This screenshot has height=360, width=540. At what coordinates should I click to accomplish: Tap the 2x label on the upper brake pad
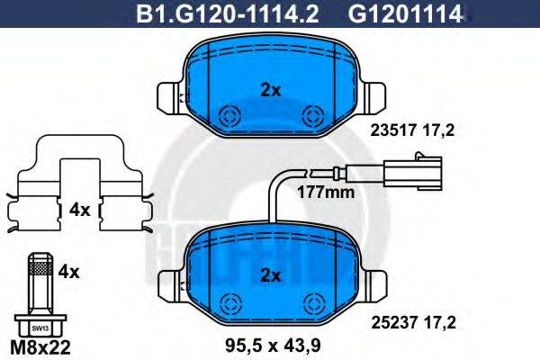coord(271,89)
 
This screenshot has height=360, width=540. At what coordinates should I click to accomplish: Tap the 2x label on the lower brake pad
coord(271,274)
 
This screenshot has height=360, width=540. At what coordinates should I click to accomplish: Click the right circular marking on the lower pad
coord(313,299)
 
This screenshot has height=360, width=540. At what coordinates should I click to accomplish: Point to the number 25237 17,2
coord(413,317)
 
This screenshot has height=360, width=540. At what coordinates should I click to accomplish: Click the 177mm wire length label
coord(326,192)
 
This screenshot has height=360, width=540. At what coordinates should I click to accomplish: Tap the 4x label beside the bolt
coord(70,269)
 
